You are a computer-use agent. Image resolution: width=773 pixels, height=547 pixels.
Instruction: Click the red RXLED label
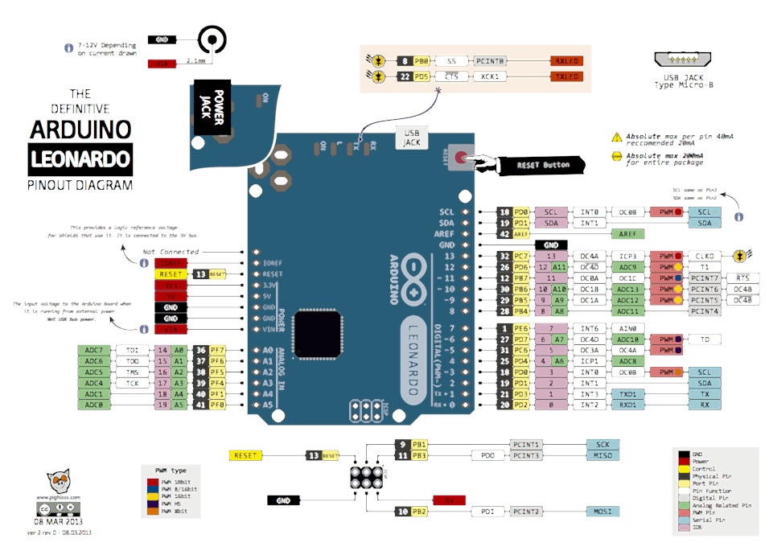tap(565, 60)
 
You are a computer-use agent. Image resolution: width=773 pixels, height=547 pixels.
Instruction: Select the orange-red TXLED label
tap(565, 76)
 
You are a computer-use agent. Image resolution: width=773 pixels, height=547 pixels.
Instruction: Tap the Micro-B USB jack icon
tap(685, 60)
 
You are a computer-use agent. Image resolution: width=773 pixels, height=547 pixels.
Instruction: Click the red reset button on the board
tap(460, 158)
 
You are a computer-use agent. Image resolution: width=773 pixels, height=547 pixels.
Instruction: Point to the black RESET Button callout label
tap(544, 165)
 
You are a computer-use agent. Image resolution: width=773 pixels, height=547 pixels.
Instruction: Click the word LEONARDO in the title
tap(80, 158)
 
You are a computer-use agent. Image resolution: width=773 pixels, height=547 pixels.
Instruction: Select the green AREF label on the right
tap(628, 233)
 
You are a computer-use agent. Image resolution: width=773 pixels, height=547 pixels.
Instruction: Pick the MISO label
tap(602, 456)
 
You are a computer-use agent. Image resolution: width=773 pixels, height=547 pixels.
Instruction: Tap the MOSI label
tap(602, 511)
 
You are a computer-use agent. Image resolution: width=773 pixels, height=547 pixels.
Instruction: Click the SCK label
tap(602, 444)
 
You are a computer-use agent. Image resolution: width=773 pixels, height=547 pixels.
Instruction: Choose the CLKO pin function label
tap(705, 256)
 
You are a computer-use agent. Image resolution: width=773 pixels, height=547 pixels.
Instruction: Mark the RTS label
tap(741, 278)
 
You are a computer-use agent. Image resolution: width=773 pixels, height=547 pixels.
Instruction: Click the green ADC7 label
tap(94, 350)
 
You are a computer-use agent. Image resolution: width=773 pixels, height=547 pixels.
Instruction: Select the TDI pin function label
tap(132, 350)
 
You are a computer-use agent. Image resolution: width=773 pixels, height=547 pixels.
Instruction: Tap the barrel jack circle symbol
tap(212, 39)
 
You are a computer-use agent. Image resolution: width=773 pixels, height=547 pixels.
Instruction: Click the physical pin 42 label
tap(505, 233)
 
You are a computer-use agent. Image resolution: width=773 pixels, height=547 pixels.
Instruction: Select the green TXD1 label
tap(628, 394)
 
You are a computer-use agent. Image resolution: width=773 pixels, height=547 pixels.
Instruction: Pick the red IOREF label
tap(171, 262)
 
